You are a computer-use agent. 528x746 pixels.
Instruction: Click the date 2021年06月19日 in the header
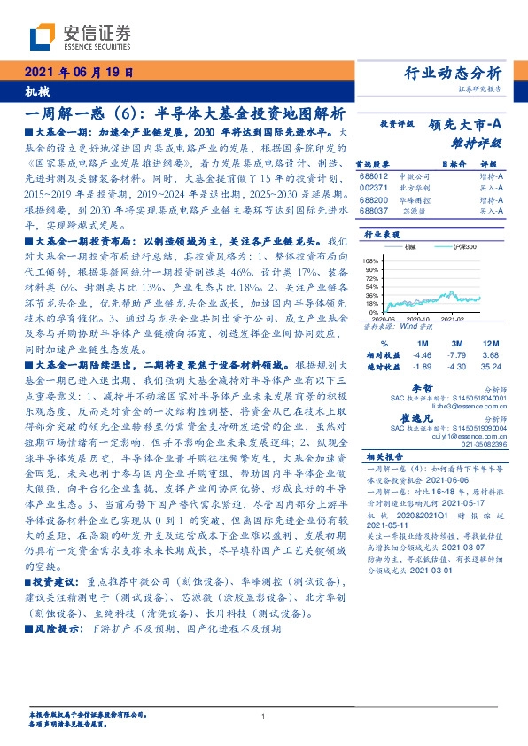click(x=77, y=73)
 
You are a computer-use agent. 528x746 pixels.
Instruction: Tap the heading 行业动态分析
click(x=453, y=72)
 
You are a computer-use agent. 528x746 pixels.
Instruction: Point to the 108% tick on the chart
click(x=370, y=261)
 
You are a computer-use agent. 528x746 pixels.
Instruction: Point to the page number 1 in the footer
click(x=263, y=716)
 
